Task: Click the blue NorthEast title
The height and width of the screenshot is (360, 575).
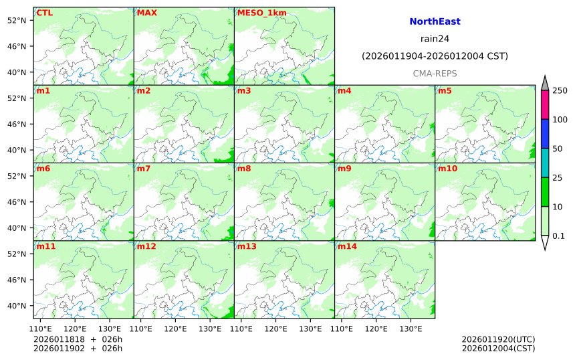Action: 435,22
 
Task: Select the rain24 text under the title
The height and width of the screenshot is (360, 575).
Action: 435,39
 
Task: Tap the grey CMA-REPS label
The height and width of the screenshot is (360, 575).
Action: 435,72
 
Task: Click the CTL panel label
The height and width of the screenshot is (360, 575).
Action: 44,13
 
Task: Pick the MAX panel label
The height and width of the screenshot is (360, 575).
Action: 146,13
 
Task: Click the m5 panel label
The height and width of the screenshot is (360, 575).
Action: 445,91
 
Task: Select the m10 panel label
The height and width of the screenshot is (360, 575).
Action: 447,169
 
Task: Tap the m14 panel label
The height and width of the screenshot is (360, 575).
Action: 347,246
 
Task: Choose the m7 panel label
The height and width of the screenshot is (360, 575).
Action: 144,169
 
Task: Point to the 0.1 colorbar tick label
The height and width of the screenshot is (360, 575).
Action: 558,236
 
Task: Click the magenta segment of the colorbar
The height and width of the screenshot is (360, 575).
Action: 544,105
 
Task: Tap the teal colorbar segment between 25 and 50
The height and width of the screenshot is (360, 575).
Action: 544,163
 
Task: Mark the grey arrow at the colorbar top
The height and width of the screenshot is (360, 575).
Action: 544,83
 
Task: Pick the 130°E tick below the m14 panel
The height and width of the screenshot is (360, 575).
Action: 410,329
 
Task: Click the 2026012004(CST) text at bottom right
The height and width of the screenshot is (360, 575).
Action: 498,348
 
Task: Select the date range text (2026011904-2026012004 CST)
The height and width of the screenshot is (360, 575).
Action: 435,56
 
